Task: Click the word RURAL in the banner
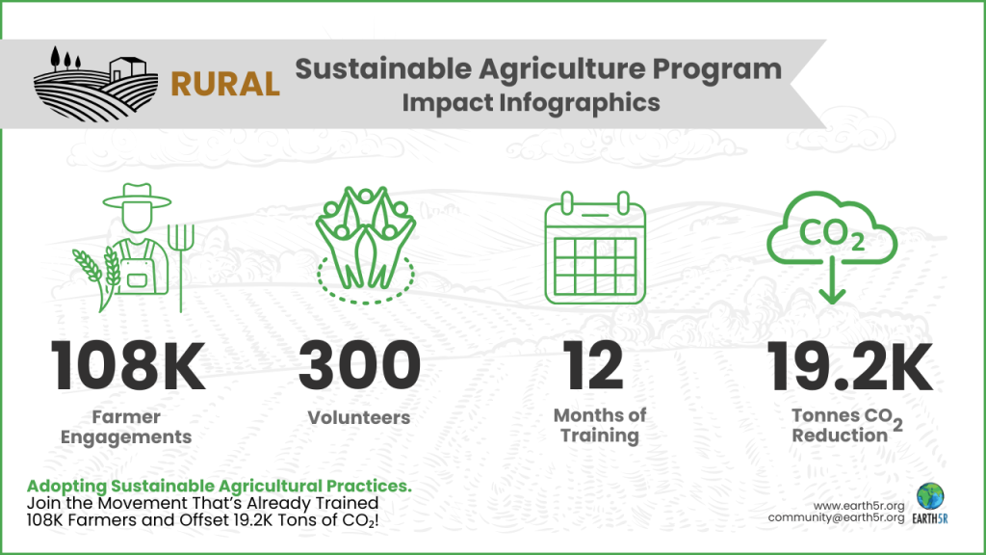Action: click(225, 84)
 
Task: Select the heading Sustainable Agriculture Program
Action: click(537, 69)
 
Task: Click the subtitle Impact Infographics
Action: click(531, 102)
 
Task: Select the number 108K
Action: click(127, 366)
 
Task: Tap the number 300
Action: click(359, 366)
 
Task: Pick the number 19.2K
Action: click(849, 366)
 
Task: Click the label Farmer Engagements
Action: click(126, 427)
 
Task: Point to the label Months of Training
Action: click(600, 425)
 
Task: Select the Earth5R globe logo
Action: click(930, 496)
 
